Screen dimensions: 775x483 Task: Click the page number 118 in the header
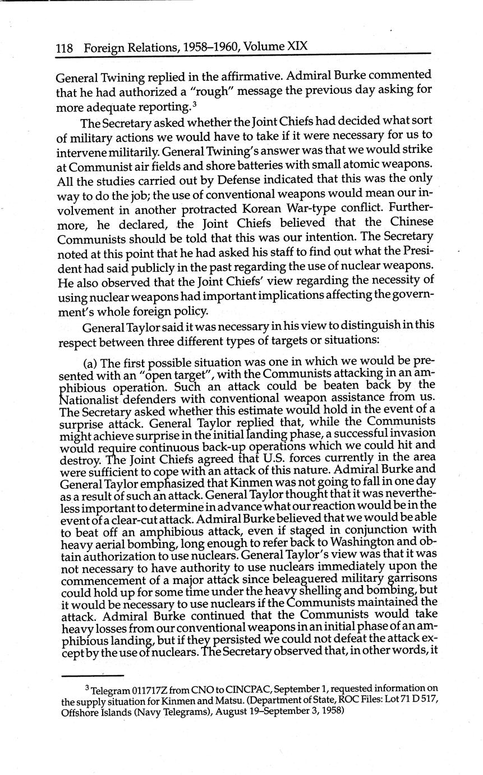pos(64,49)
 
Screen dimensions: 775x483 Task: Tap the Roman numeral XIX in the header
pos(297,45)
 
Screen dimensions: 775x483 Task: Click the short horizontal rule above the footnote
pos(92,675)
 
